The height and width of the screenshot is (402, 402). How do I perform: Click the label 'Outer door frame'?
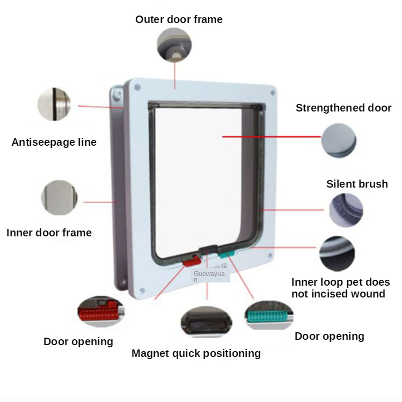(179, 19)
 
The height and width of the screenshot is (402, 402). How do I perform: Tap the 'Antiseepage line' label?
(54, 142)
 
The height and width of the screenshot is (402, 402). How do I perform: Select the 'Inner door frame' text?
(49, 233)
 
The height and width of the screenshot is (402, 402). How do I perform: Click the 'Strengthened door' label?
(343, 108)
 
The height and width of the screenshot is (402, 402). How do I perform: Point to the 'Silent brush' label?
(357, 184)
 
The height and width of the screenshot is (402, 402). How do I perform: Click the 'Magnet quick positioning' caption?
(196, 353)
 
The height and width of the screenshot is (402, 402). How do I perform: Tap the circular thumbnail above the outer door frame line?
(173, 44)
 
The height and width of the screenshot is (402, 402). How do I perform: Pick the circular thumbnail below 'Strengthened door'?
(339, 141)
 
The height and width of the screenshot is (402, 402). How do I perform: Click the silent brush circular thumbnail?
(346, 210)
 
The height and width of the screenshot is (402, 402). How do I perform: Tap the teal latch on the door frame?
(226, 253)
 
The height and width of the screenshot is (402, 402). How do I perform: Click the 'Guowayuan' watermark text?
(211, 276)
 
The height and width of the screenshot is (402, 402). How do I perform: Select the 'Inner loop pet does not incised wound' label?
(340, 288)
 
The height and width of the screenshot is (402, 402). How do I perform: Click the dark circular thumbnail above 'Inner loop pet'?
(337, 254)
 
